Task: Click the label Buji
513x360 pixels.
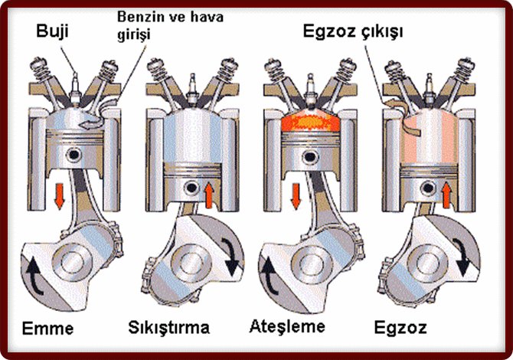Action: (x=52, y=31)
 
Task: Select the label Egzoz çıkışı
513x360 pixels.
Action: (x=353, y=32)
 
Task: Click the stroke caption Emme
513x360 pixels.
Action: (x=47, y=329)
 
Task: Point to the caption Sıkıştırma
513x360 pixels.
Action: (x=168, y=328)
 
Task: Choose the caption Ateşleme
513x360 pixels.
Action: (x=287, y=326)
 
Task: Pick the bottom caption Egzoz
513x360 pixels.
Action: (x=400, y=328)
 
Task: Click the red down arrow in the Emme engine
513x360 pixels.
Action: (x=60, y=196)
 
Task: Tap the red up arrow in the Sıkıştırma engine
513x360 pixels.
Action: (x=210, y=196)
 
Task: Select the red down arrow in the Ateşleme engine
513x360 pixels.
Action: (x=296, y=196)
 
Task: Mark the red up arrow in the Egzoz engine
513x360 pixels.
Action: (x=446, y=196)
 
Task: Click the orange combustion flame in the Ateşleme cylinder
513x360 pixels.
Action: (x=310, y=123)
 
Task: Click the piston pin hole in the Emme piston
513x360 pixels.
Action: (x=74, y=155)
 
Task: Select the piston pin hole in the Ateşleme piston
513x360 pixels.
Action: (x=310, y=157)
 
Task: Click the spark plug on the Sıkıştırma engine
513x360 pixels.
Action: (x=192, y=87)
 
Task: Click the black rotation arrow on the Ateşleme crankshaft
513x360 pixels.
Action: (x=270, y=276)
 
